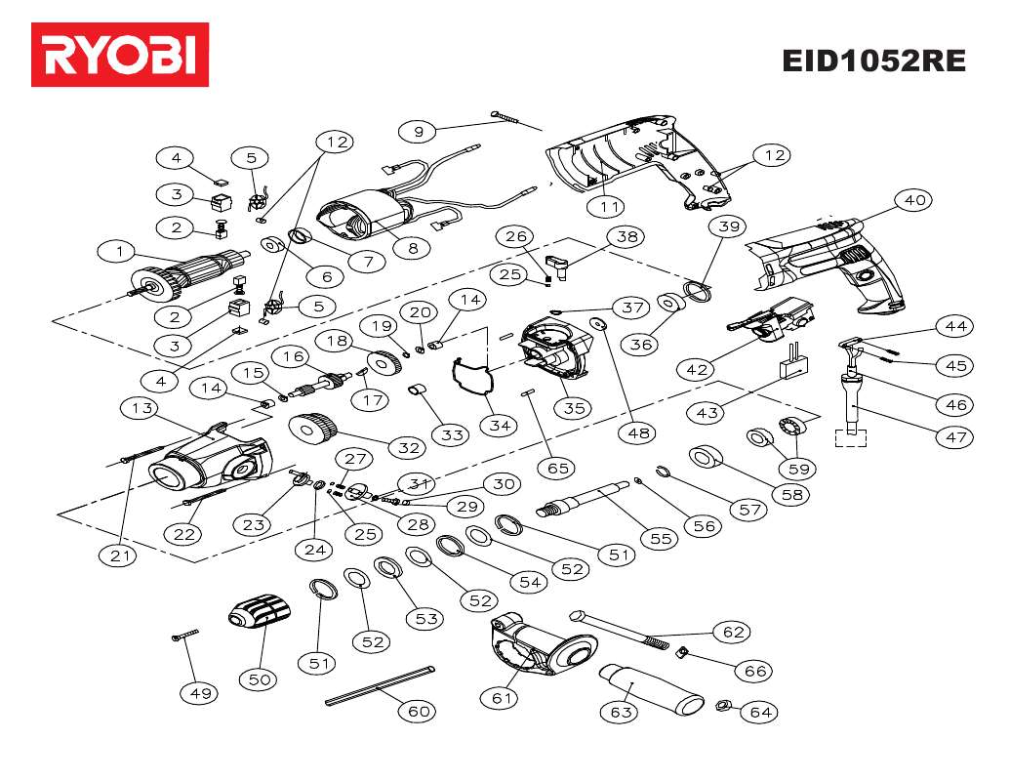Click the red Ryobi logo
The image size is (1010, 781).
[120, 55]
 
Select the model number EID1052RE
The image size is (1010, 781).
[873, 61]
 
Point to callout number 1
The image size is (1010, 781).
[119, 252]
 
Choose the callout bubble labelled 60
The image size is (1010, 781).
[418, 711]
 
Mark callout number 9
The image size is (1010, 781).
[419, 131]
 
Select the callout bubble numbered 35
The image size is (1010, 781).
[575, 407]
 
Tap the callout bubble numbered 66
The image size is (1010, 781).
[756, 671]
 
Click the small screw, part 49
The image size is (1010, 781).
[183, 636]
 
